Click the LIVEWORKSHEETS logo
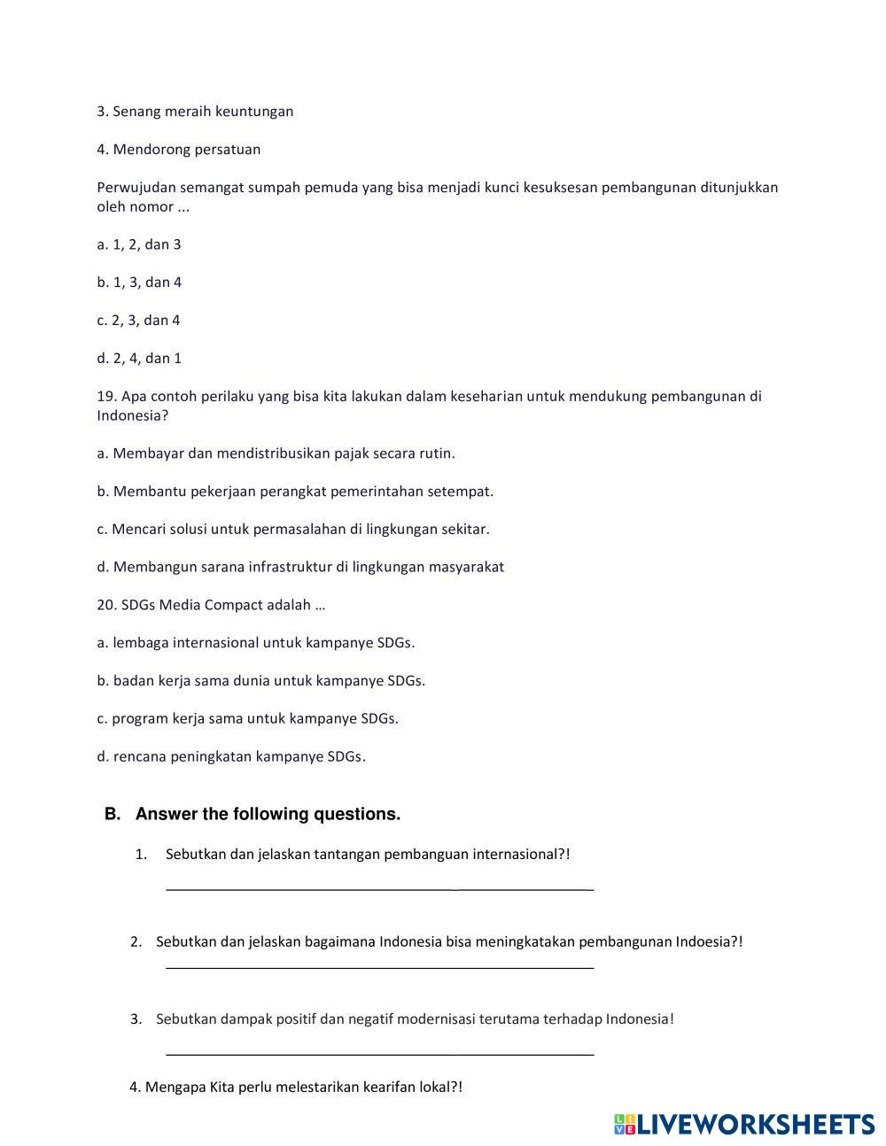tap(744, 1124)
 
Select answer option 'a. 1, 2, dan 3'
tap(139, 244)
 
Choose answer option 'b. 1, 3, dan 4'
tap(139, 283)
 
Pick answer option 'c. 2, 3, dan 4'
tap(138, 321)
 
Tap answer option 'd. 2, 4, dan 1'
tap(139, 359)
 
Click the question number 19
tap(106, 396)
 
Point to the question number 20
tap(106, 605)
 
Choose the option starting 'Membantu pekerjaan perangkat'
tap(295, 492)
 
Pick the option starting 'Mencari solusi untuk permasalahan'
tap(293, 530)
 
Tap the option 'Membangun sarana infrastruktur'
tap(300, 567)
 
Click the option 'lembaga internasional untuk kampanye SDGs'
tap(256, 643)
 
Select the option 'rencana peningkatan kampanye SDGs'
tap(231, 756)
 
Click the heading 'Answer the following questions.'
tap(268, 814)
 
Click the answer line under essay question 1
tap(379, 887)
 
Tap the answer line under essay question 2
tap(379, 967)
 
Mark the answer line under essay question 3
tap(379, 1053)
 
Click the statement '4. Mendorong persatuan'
tap(179, 150)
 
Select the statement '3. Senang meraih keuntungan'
tap(195, 112)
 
